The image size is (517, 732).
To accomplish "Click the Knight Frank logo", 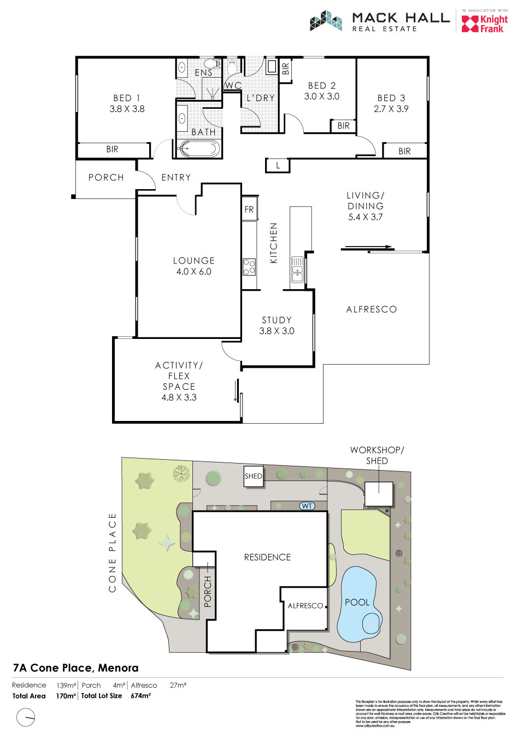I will [x=485, y=24].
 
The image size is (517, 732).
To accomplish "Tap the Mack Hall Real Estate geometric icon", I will [x=326, y=21].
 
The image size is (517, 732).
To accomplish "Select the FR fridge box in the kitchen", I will [x=249, y=209].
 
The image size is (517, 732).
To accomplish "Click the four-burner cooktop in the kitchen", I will [x=249, y=267].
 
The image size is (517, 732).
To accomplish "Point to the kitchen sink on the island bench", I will [x=297, y=269].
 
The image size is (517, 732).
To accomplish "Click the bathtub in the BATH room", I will [x=199, y=148].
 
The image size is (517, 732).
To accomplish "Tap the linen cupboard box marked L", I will [x=278, y=165].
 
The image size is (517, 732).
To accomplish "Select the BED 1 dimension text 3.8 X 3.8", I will [x=127, y=109].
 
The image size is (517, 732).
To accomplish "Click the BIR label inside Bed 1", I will [x=112, y=149].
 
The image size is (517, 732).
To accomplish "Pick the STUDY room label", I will [x=277, y=320].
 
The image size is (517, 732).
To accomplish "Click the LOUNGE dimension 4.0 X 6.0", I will [x=193, y=272].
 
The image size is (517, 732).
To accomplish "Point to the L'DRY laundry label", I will [x=261, y=98].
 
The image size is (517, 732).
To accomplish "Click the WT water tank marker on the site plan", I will [x=307, y=506].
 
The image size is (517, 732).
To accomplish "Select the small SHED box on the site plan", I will [x=253, y=476].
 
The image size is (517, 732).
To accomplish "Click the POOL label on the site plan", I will [x=357, y=602].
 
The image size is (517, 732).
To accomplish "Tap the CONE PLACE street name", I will [x=113, y=552].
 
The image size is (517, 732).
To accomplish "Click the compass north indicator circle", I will [x=26, y=717].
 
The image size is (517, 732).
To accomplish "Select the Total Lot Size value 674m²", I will [x=140, y=696].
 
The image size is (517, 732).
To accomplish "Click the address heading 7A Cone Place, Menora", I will [x=75, y=668].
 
